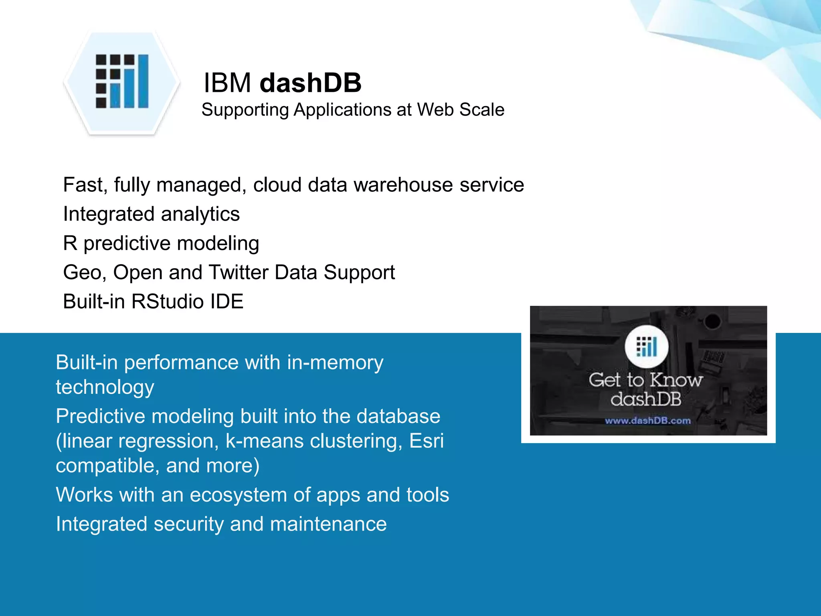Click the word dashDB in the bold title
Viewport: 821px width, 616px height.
pos(310,83)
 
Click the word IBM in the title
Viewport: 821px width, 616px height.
pos(227,83)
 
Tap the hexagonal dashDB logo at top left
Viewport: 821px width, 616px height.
pos(122,82)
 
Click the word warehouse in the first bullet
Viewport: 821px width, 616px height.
pos(403,185)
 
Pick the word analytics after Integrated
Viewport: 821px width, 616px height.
pos(200,214)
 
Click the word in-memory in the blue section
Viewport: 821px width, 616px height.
pos(335,363)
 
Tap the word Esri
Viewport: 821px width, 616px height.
pos(427,441)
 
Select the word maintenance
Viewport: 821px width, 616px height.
pos(328,524)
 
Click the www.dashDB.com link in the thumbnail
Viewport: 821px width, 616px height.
pos(648,421)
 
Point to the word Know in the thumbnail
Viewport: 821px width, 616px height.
pos(676,380)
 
